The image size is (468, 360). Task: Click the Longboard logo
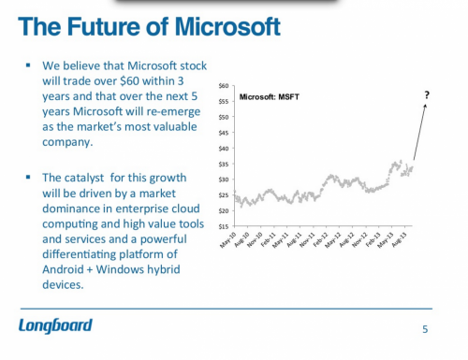click(x=55, y=325)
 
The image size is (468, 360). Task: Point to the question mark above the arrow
click(x=427, y=93)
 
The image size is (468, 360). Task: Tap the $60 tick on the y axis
click(x=224, y=86)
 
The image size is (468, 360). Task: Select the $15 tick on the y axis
click(x=224, y=225)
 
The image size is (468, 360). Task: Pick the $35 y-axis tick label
click(x=224, y=164)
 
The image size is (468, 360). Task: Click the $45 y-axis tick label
click(x=224, y=133)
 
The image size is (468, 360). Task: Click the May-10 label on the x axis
click(x=226, y=239)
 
